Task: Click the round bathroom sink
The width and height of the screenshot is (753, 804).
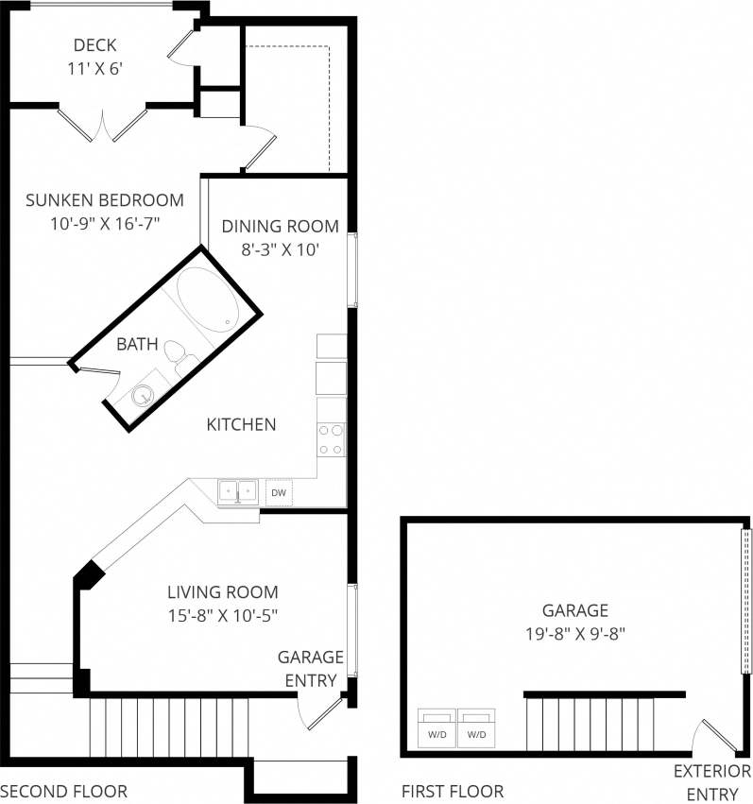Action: (144, 395)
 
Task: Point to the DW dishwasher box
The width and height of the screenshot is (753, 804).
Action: (278, 492)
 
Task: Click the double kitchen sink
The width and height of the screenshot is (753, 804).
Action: (238, 491)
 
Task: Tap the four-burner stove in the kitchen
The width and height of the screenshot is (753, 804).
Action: (332, 438)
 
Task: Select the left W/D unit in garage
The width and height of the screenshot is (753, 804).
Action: (437, 728)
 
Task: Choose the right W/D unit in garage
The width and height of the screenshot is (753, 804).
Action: (477, 728)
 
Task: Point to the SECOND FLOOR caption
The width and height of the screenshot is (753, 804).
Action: (63, 791)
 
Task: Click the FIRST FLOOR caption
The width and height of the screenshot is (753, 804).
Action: (453, 791)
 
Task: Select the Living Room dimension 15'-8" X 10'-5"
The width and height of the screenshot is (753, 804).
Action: (223, 614)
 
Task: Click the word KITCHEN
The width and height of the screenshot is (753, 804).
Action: (242, 424)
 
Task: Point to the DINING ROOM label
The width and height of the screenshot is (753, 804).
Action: (280, 226)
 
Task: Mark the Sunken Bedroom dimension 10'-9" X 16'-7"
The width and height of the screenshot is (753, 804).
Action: (105, 223)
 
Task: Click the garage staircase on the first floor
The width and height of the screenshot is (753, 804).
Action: (590, 723)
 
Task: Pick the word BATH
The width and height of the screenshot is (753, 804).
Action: (137, 344)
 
